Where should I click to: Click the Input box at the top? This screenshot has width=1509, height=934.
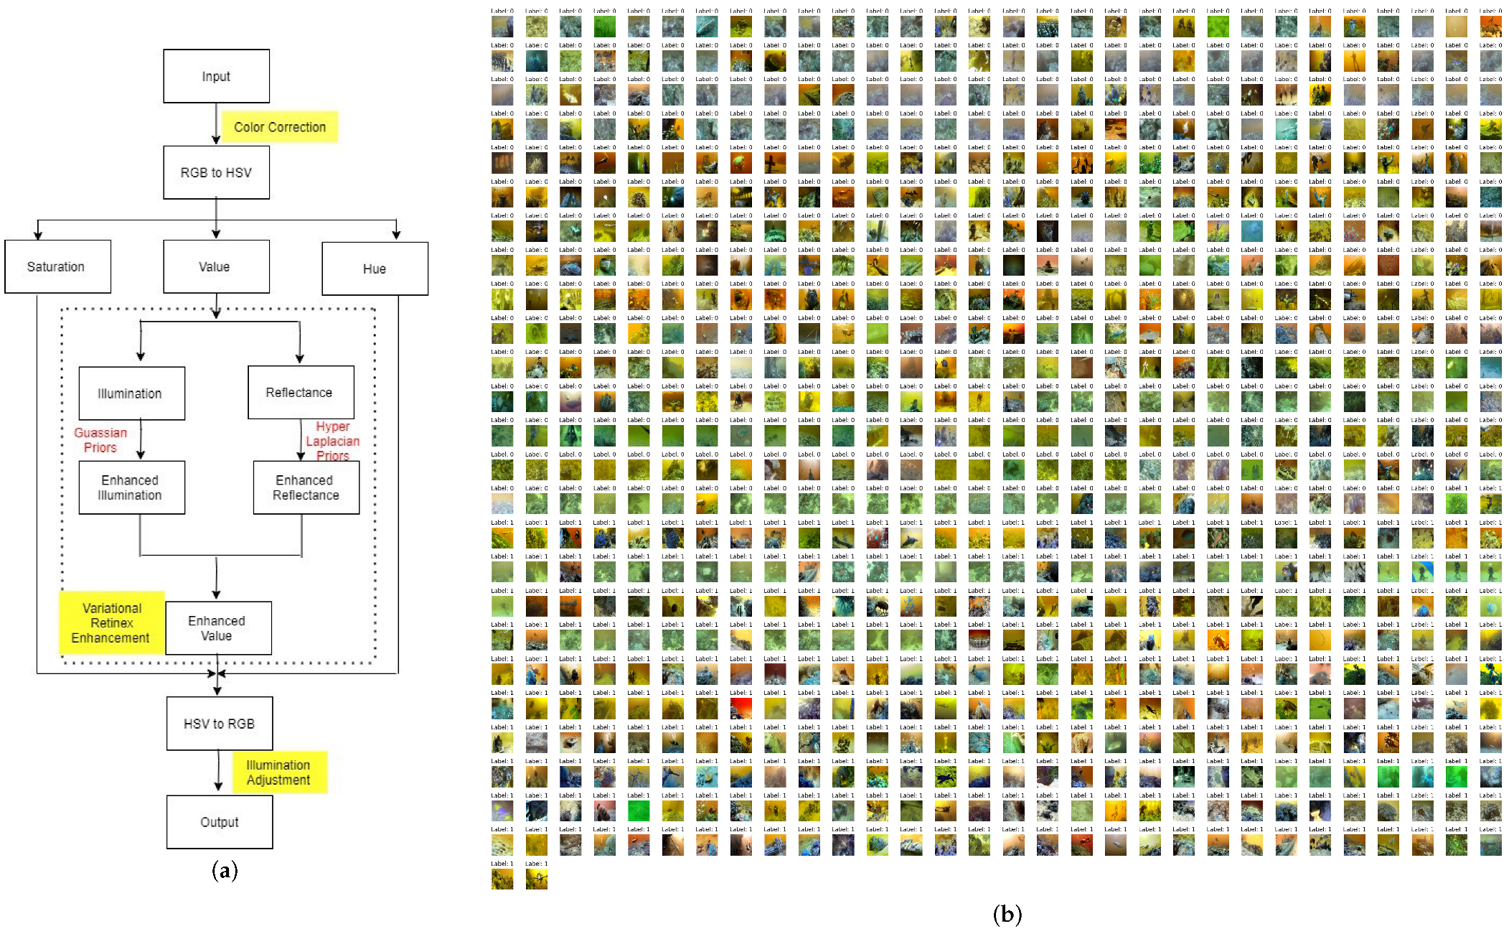[216, 76]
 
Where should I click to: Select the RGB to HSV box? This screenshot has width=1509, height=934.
[216, 172]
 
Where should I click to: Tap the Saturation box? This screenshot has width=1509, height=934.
[57, 266]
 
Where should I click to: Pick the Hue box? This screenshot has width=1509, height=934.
[375, 268]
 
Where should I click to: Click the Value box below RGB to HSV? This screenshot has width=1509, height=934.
[216, 266]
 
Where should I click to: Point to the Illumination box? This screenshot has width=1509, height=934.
[131, 393]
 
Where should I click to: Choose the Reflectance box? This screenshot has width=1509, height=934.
[300, 392]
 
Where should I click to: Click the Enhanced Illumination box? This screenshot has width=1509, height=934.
[131, 487]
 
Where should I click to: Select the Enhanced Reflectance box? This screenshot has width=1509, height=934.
[306, 487]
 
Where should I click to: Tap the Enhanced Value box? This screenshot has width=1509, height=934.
[218, 628]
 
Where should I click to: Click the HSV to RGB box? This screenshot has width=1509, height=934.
[219, 724]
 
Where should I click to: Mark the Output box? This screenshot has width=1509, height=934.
[219, 822]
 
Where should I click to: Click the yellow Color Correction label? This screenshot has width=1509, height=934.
[279, 127]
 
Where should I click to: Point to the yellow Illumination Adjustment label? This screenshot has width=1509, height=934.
[279, 772]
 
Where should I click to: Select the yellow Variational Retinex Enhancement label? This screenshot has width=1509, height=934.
[111, 623]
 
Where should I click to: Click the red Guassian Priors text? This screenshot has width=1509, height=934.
[100, 440]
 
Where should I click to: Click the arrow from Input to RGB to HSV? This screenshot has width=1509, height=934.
[216, 123]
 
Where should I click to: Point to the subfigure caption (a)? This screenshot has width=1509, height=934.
[225, 871]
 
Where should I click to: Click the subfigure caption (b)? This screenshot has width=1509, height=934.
[1007, 915]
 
